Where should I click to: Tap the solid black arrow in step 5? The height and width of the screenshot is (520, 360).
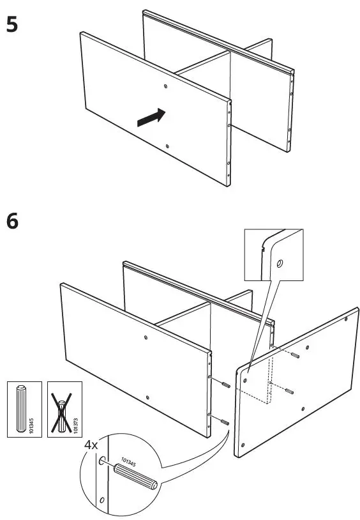click(150, 117)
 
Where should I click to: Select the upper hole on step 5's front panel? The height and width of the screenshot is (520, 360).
click(165, 86)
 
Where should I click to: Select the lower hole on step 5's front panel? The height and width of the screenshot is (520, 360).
click(167, 146)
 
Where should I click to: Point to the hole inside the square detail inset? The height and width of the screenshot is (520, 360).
click(279, 263)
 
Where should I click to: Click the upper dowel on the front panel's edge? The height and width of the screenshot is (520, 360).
click(225, 384)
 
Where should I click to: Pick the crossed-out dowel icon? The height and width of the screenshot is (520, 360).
click(63, 409)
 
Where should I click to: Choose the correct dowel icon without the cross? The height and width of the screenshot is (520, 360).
click(21, 409)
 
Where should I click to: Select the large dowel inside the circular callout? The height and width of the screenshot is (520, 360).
click(135, 476)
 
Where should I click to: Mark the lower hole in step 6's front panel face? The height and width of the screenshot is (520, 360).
click(147, 397)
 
